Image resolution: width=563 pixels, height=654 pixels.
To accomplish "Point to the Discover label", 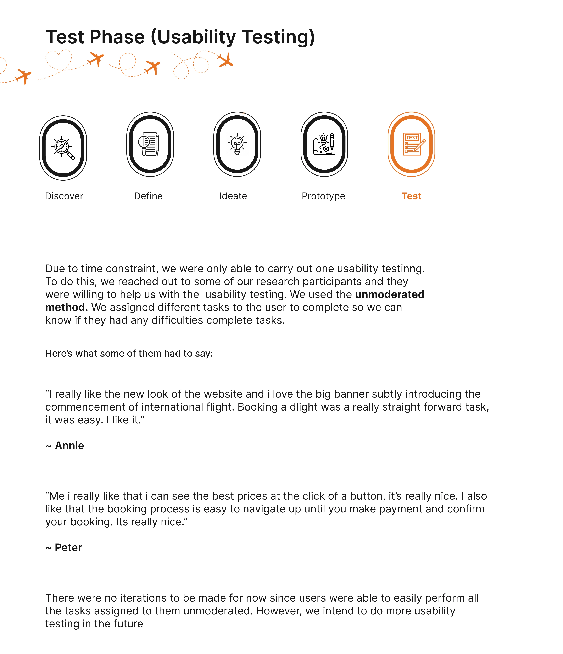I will coord(64,196).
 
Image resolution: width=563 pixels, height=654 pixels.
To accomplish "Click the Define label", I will coord(148,196).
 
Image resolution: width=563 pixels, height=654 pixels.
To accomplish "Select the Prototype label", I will coord(323,196).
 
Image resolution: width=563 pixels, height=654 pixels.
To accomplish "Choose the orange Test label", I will coord(411,196).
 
